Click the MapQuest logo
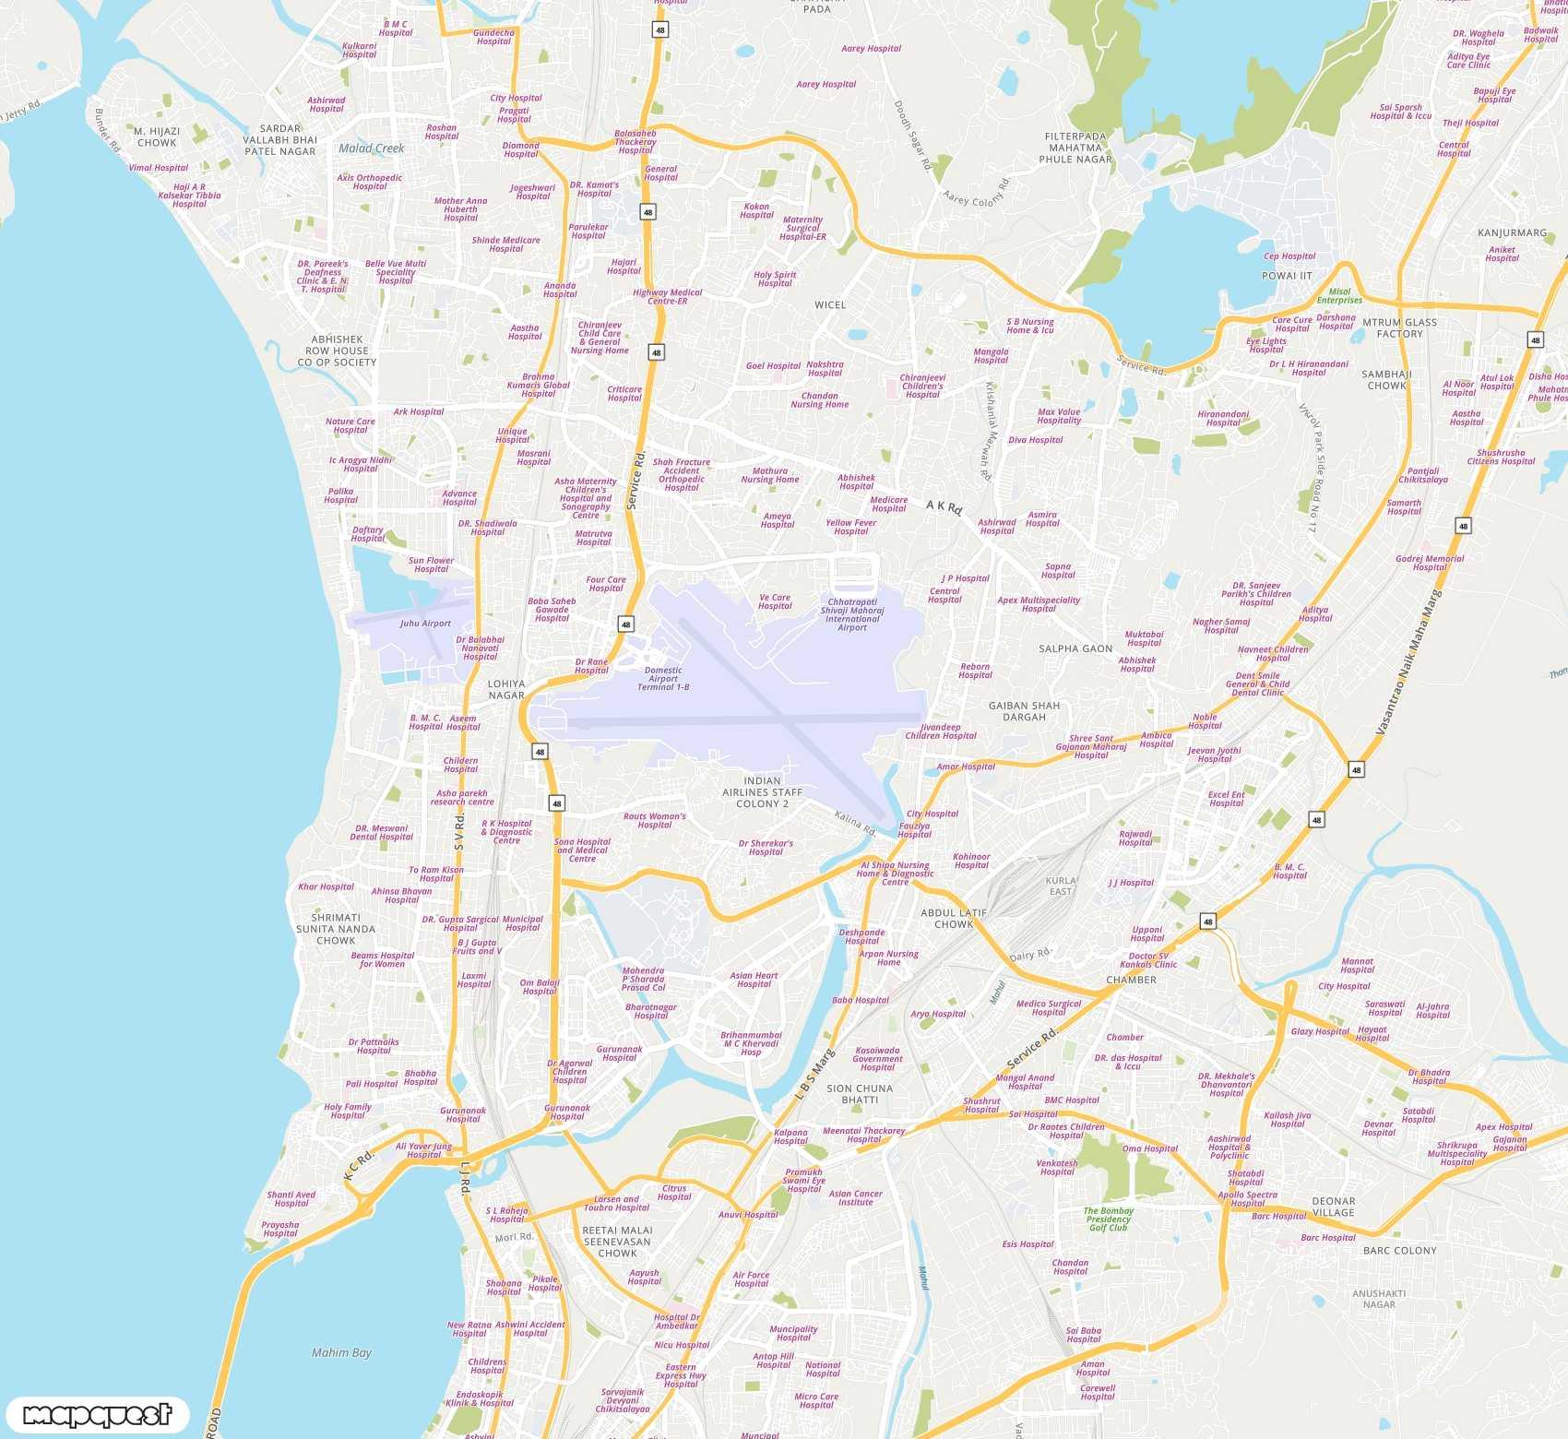pos(97,1414)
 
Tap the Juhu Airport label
pos(425,624)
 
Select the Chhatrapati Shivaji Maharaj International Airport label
pos(852,614)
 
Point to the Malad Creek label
pos(371,149)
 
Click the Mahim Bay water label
pos(341,1352)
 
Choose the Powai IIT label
pos(1287,276)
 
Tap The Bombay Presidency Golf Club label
pos(1108,1219)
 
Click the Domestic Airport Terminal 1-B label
pos(663,679)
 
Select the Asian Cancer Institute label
pos(855,1197)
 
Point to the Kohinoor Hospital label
pos(971,861)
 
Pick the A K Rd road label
pos(944,506)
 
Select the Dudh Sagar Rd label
pos(912,136)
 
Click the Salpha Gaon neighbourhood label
pos(1075,648)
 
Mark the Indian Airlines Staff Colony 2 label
pos(762,792)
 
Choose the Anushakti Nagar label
pos(1379,1299)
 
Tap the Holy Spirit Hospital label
pos(775,279)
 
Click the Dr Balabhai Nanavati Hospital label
pos(480,648)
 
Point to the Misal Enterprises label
pos(1339,295)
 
